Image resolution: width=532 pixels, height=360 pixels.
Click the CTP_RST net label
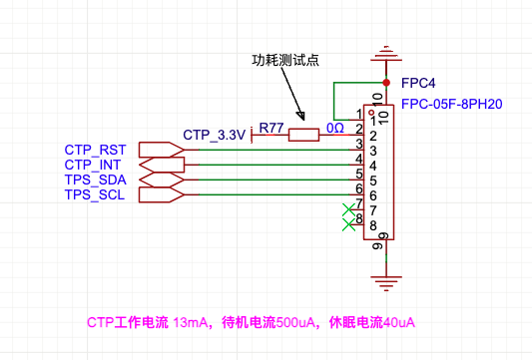[95, 150]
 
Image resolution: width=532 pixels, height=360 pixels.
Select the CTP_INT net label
[92, 165]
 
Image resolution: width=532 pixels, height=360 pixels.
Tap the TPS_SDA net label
[96, 180]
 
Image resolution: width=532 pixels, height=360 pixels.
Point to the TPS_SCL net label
[95, 194]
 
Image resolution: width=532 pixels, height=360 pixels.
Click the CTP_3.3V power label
[214, 135]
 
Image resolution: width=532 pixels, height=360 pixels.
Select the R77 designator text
[271, 128]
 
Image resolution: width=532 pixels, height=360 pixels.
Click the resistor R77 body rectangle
[303, 135]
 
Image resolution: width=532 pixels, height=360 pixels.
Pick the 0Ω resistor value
[335, 128]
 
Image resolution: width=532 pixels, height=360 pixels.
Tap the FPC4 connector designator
[418, 83]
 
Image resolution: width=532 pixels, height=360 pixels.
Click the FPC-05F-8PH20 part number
[451, 104]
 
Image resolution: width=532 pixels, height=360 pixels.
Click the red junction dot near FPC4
[386, 83]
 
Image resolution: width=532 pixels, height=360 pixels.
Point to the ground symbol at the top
[386, 53]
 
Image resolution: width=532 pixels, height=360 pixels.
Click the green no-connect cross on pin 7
[348, 209]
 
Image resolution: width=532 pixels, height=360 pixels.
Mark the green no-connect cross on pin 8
[348, 224]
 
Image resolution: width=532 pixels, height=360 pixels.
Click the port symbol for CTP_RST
[162, 150]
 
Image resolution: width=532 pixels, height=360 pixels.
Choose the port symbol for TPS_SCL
[162, 194]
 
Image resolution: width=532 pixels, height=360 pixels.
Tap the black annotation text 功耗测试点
[285, 60]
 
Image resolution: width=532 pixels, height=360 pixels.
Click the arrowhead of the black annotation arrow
[301, 117]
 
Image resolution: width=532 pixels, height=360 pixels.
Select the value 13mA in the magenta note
[191, 322]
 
